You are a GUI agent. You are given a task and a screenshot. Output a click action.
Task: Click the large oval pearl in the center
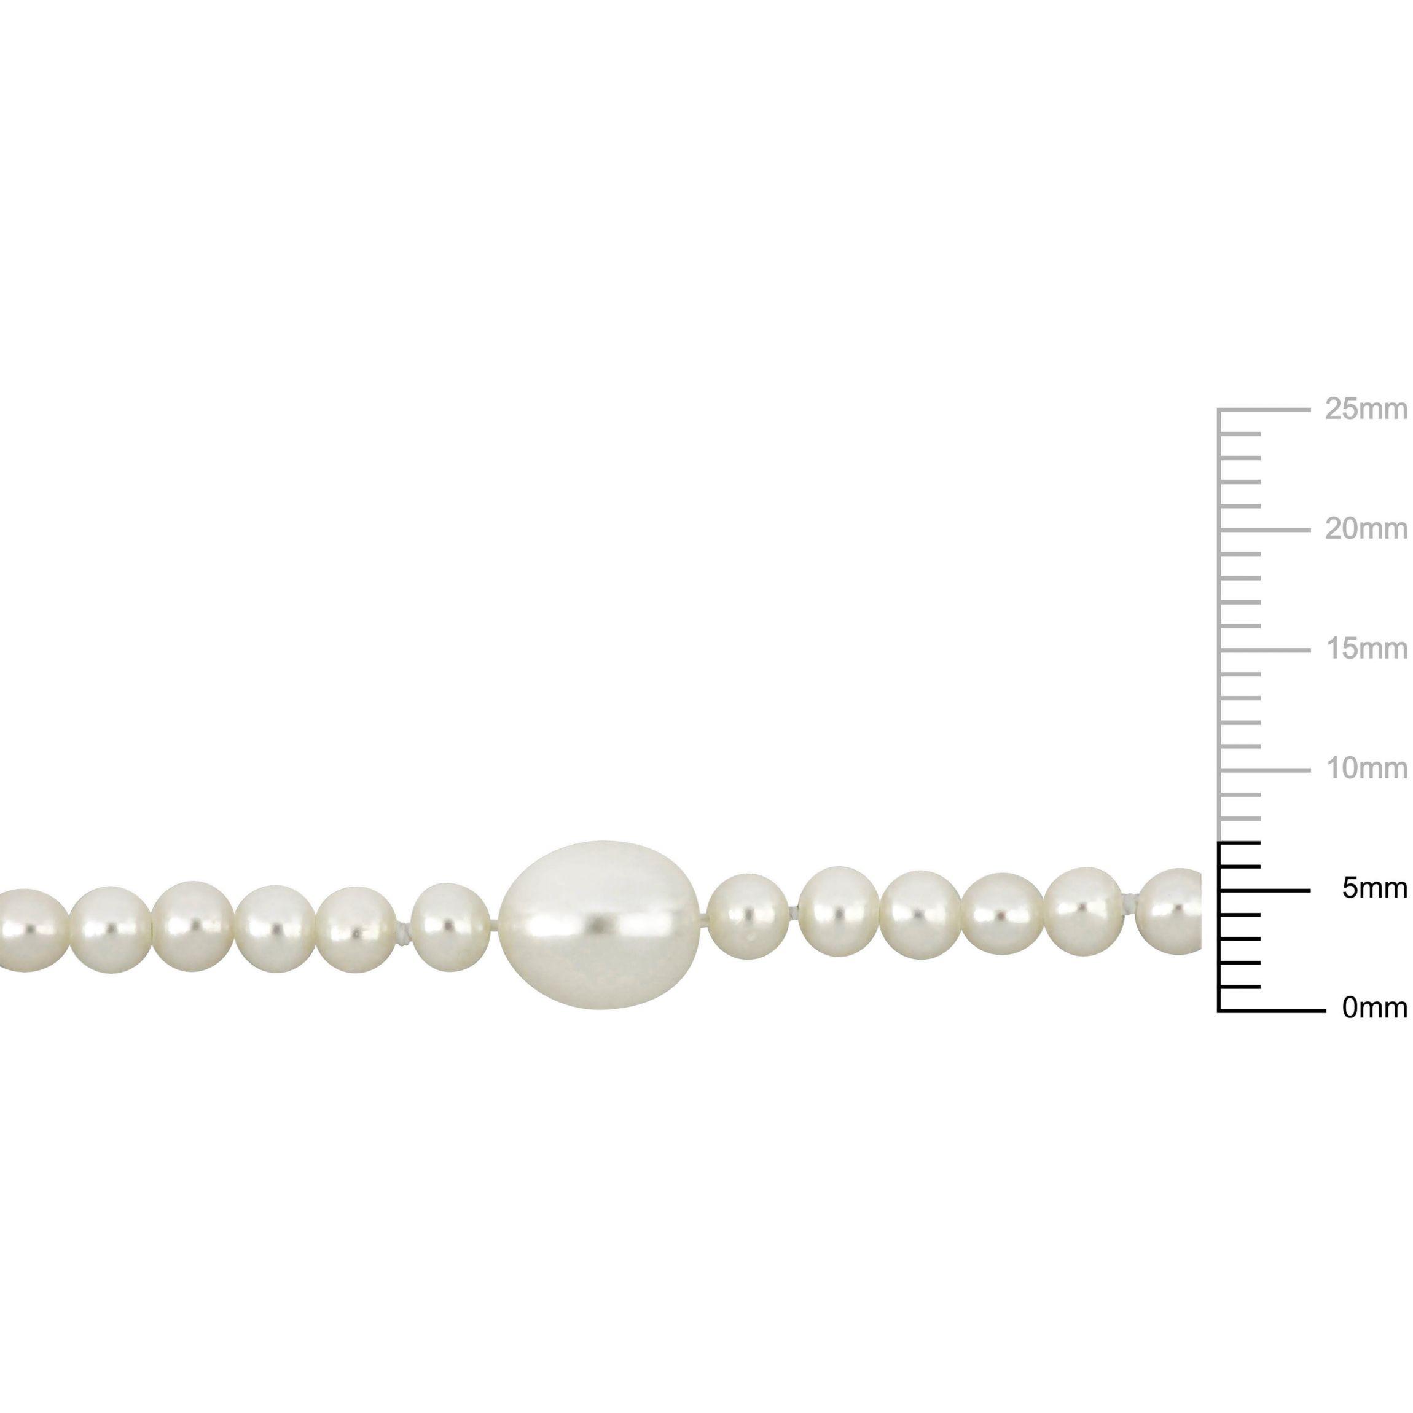[x=600, y=925]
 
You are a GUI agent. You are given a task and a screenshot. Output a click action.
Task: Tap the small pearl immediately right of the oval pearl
[x=748, y=917]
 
